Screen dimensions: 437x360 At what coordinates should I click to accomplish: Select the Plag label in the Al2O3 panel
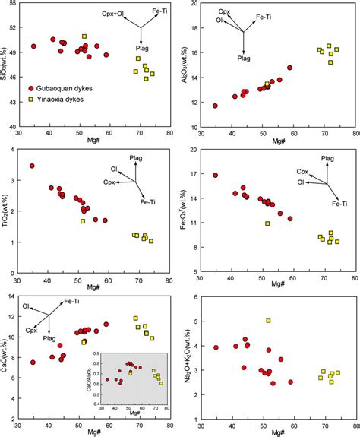click(244, 57)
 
